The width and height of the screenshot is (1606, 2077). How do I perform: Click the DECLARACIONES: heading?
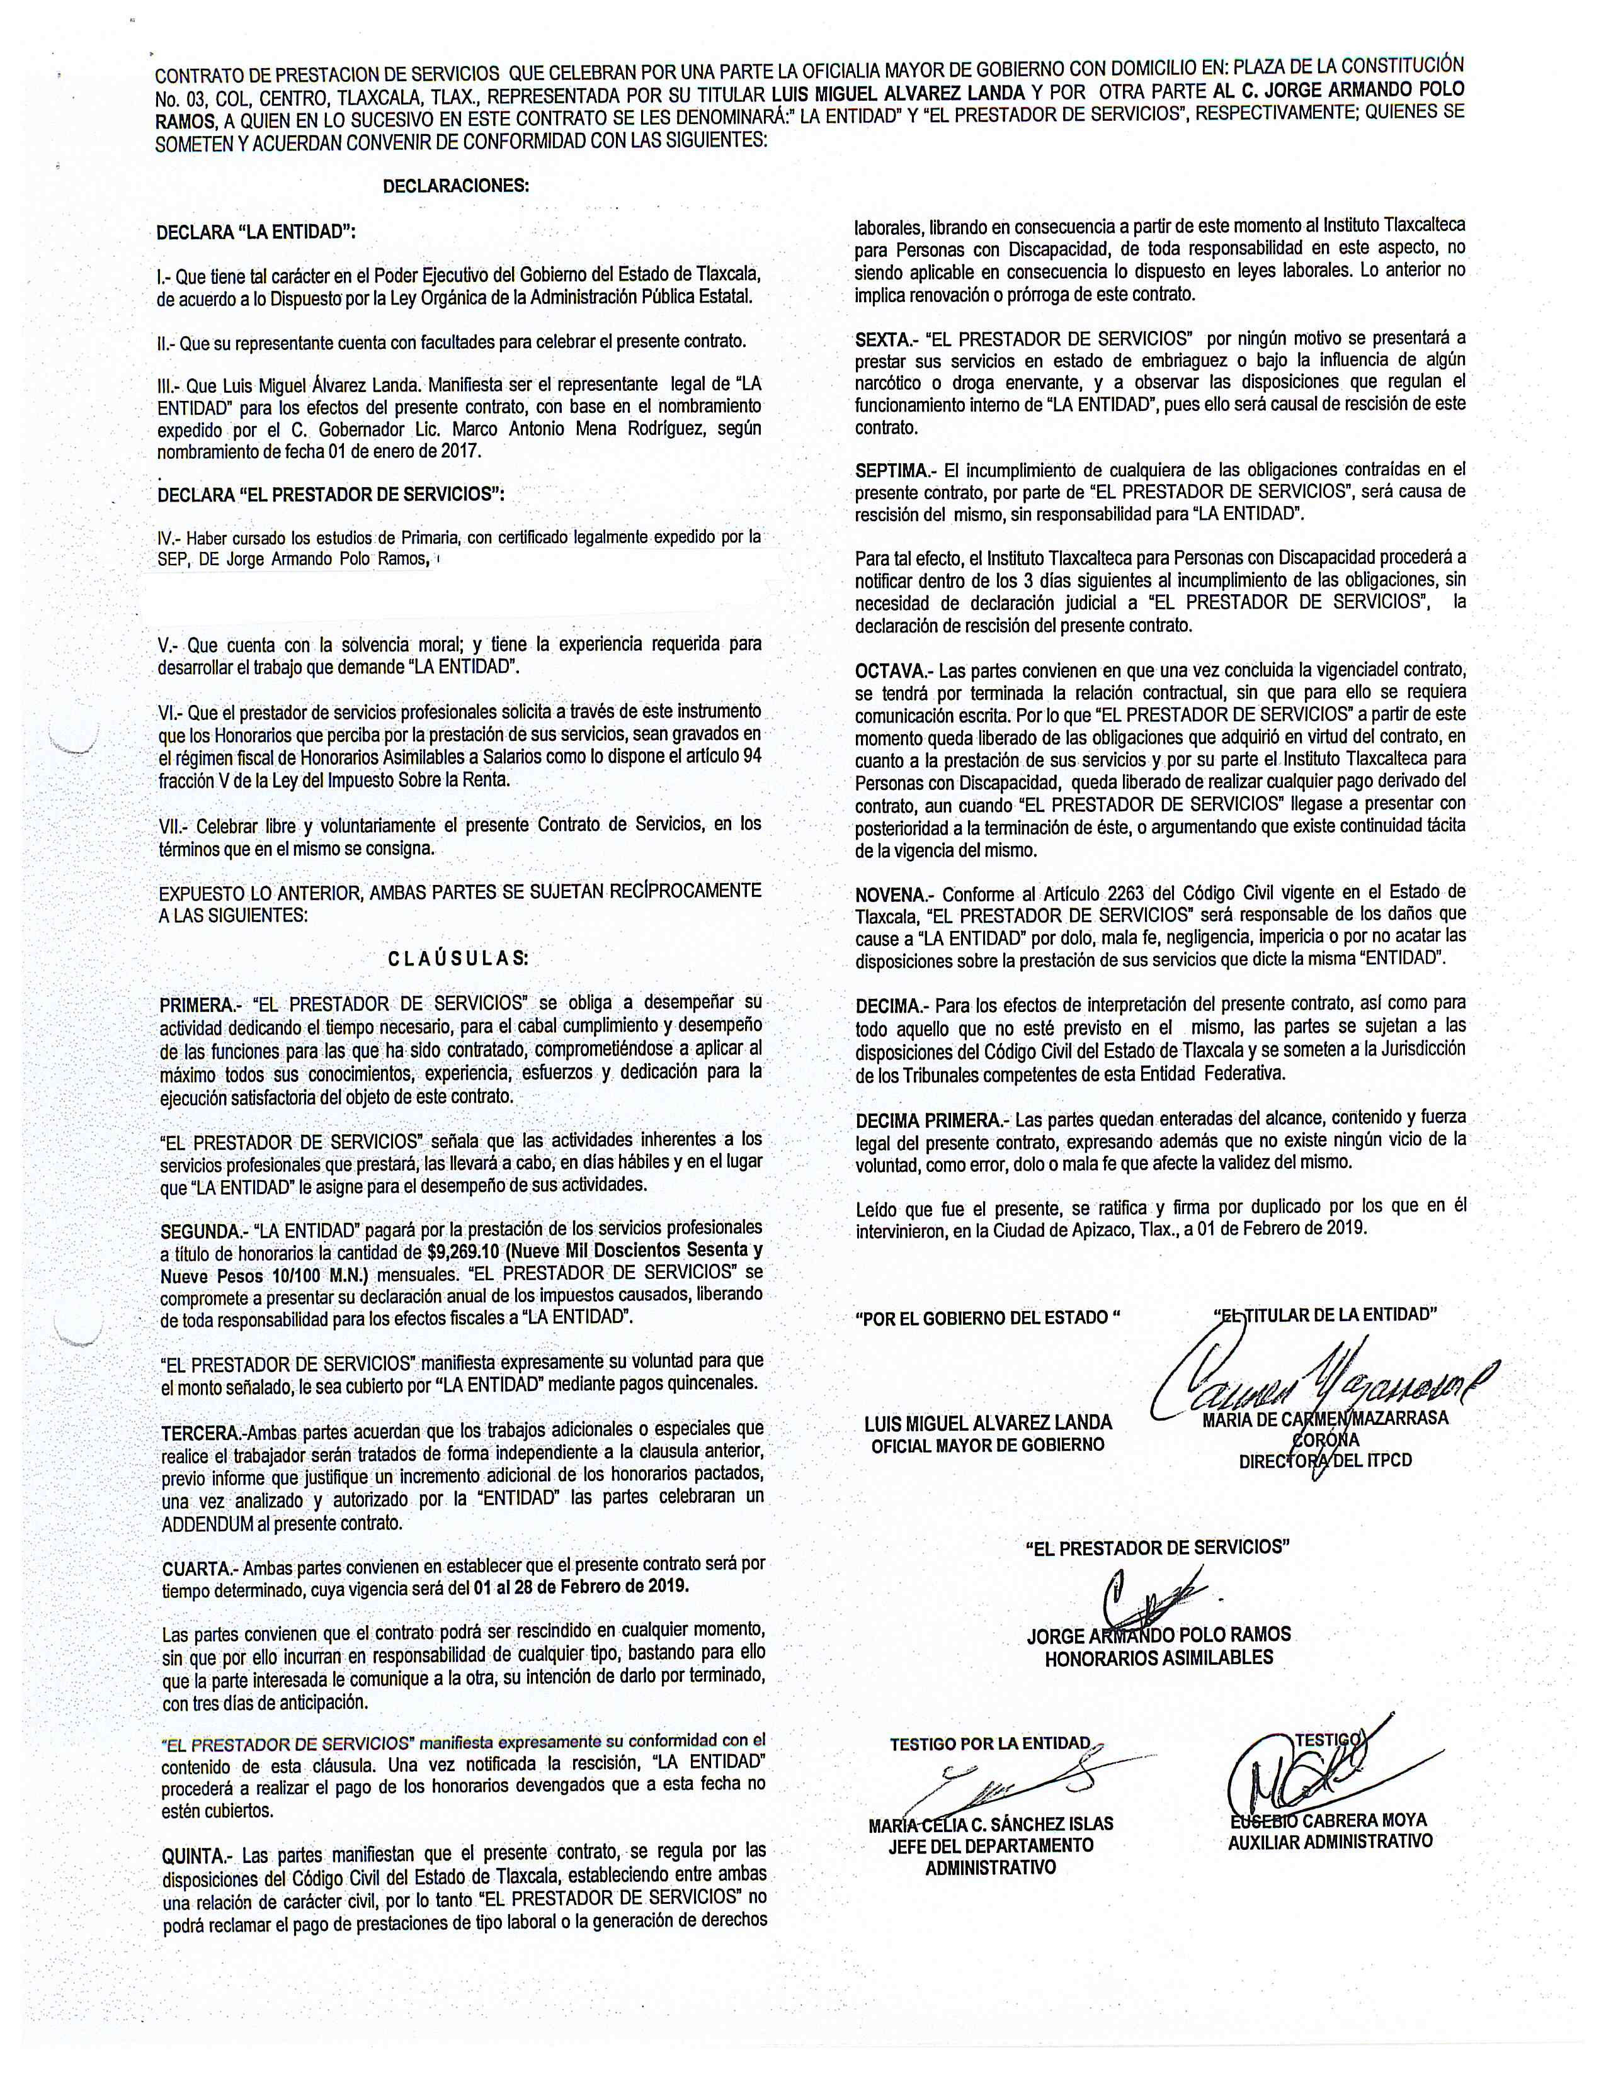pos(456,186)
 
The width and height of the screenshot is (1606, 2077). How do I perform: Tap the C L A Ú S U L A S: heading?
pos(458,958)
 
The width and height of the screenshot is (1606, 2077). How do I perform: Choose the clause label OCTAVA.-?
pos(889,672)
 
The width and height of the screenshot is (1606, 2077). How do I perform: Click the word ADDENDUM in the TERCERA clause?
pos(207,1523)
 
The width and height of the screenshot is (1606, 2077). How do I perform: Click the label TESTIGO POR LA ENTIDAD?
pos(989,1744)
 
